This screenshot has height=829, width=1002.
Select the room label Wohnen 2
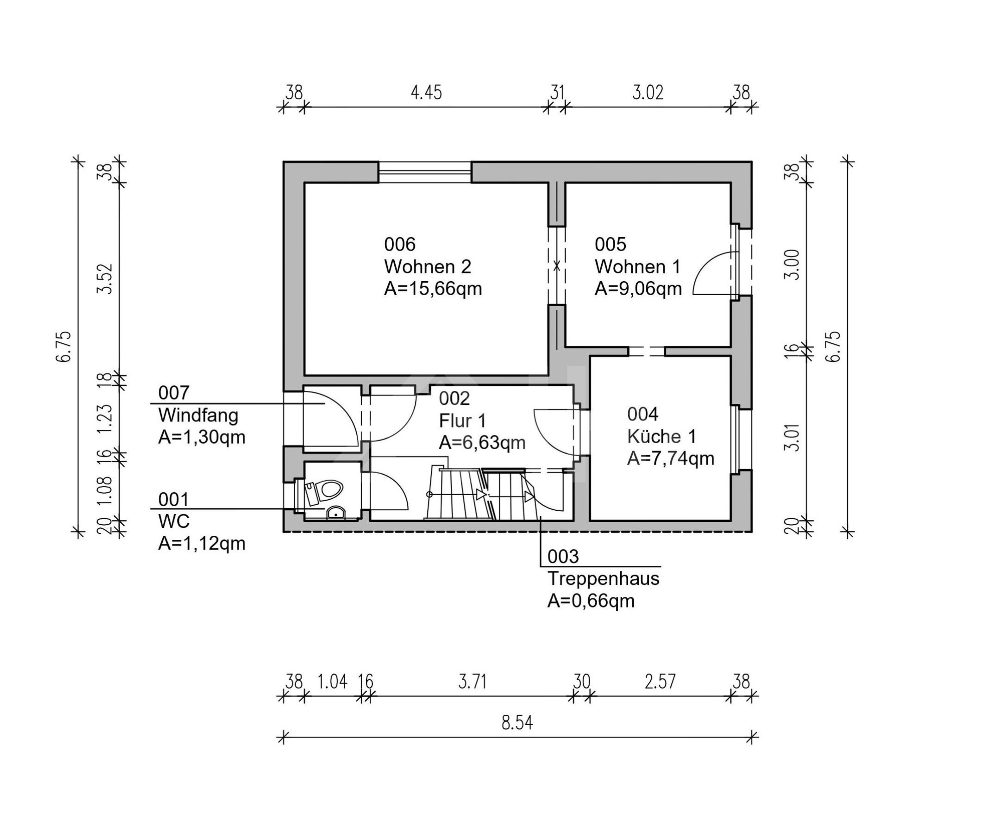tap(428, 267)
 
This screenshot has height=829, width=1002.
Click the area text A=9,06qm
tap(638, 289)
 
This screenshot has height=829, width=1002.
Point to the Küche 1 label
tap(661, 437)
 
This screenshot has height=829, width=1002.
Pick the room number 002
tap(454, 398)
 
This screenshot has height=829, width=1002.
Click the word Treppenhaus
tap(603, 578)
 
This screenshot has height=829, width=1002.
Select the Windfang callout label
tap(198, 415)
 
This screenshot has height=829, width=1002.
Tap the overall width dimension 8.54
tap(517, 723)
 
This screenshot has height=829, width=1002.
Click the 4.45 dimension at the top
tap(426, 93)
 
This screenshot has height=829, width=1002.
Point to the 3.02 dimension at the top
tap(648, 93)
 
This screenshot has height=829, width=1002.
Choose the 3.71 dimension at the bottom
tap(472, 682)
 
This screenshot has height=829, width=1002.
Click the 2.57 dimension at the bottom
tap(660, 682)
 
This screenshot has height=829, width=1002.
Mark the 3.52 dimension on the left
tap(106, 279)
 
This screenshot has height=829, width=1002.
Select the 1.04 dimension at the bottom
tap(333, 682)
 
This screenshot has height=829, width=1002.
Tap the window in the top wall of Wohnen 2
tap(425, 172)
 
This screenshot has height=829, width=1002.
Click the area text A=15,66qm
tap(433, 289)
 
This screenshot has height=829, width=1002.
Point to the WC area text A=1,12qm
tap(202, 543)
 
